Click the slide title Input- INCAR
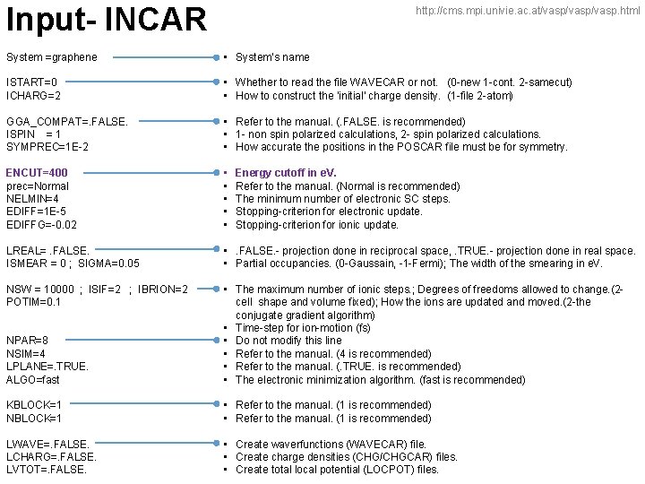click(106, 18)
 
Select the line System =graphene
click(52, 57)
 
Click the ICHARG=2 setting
click(33, 95)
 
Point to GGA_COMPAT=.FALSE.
click(67, 121)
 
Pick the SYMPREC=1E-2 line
click(47, 146)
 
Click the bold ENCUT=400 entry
click(37, 172)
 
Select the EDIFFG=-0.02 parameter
click(42, 224)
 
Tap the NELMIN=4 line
click(32, 198)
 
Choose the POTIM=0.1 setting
click(32, 302)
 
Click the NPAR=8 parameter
click(27, 341)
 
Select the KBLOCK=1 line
click(34, 405)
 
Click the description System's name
click(272, 57)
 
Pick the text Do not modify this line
click(288, 341)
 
